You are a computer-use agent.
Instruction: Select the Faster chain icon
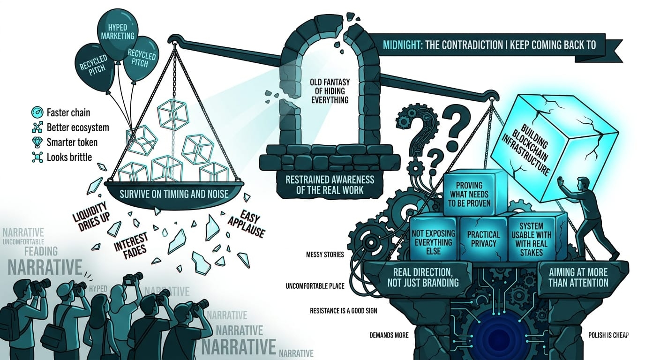click(37, 112)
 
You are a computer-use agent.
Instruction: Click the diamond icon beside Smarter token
click(37, 142)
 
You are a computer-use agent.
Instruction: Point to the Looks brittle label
click(69, 157)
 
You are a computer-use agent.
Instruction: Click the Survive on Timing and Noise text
click(173, 193)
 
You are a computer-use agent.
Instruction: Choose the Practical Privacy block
click(484, 239)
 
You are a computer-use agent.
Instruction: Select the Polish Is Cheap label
click(608, 335)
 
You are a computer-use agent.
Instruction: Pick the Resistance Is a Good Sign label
click(343, 310)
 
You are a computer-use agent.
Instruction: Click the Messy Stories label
click(324, 255)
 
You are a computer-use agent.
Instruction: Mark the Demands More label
click(389, 335)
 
